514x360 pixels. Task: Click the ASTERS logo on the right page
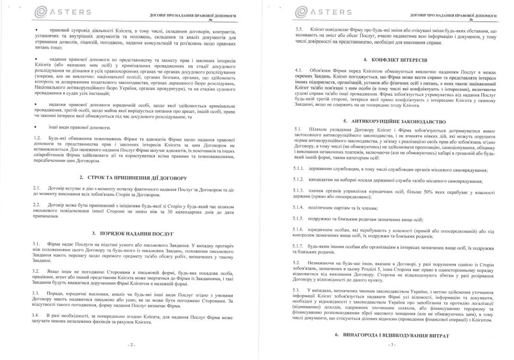[323, 12]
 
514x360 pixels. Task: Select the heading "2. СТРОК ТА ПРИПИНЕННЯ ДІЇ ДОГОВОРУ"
[133, 178]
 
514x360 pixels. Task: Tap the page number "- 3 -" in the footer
[392, 345]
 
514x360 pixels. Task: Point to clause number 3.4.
[37, 315]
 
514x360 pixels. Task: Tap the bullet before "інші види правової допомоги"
[36, 127]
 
